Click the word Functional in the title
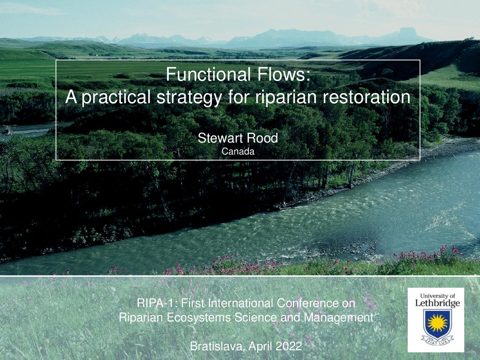(208, 74)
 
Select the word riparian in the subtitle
(286, 97)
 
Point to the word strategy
(189, 98)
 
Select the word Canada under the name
(238, 151)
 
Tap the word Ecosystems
(199, 318)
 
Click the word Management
(339, 318)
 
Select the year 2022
(289, 346)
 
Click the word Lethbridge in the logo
(437, 303)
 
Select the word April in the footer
(260, 346)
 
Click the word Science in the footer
(257, 318)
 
